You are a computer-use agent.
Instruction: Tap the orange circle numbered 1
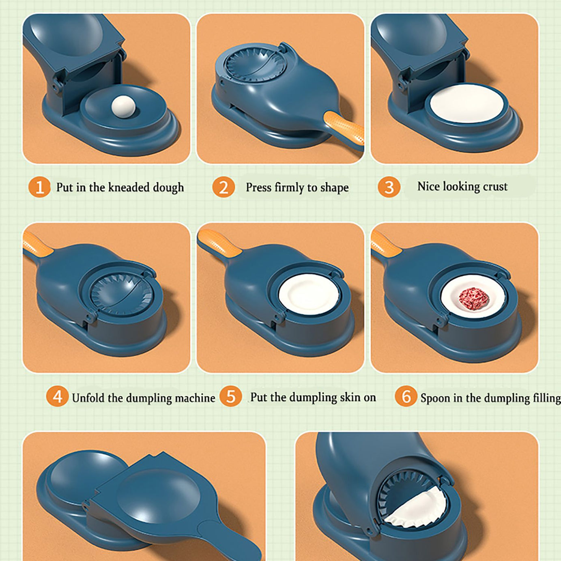[x=40, y=187]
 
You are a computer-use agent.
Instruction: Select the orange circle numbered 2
[x=223, y=187]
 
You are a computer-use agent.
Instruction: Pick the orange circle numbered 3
[x=389, y=187]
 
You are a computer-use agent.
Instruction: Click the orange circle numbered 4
[x=57, y=396]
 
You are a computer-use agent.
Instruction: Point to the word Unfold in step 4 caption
[x=88, y=398]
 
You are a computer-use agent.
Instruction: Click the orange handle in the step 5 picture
[x=219, y=242]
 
